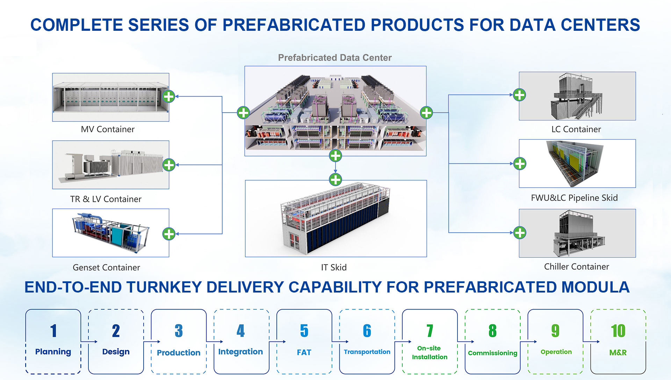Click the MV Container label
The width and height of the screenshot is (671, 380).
[108, 129]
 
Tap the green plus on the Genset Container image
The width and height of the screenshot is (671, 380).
[169, 234]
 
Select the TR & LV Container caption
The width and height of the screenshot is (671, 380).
[106, 199]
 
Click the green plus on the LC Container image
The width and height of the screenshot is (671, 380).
[519, 95]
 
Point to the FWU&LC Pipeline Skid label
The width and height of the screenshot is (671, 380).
[574, 198]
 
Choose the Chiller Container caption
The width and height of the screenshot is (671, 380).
[576, 267]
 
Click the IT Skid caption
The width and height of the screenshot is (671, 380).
[334, 268]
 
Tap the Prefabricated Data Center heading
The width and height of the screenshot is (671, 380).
[334, 58]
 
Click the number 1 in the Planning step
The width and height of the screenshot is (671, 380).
[53, 331]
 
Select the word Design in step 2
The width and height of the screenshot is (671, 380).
[116, 352]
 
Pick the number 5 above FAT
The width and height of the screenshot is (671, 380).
[304, 331]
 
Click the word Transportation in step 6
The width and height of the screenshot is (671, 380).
[367, 352]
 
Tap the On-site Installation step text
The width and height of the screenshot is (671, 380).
[430, 353]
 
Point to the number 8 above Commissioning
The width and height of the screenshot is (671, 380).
[492, 331]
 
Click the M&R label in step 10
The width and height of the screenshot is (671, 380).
[618, 353]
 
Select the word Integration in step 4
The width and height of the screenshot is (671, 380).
[240, 352]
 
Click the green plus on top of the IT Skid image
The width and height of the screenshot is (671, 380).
[335, 180]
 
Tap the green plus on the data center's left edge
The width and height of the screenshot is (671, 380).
[244, 113]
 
